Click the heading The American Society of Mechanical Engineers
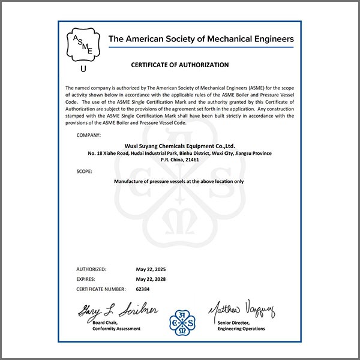[201, 40]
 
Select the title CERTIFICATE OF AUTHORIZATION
[179, 65]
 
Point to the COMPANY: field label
[89, 135]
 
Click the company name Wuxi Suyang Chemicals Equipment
[179, 145]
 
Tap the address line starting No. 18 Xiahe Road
[179, 153]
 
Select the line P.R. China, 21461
[180, 160]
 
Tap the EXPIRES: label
[87, 279]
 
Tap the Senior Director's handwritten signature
[241, 311]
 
